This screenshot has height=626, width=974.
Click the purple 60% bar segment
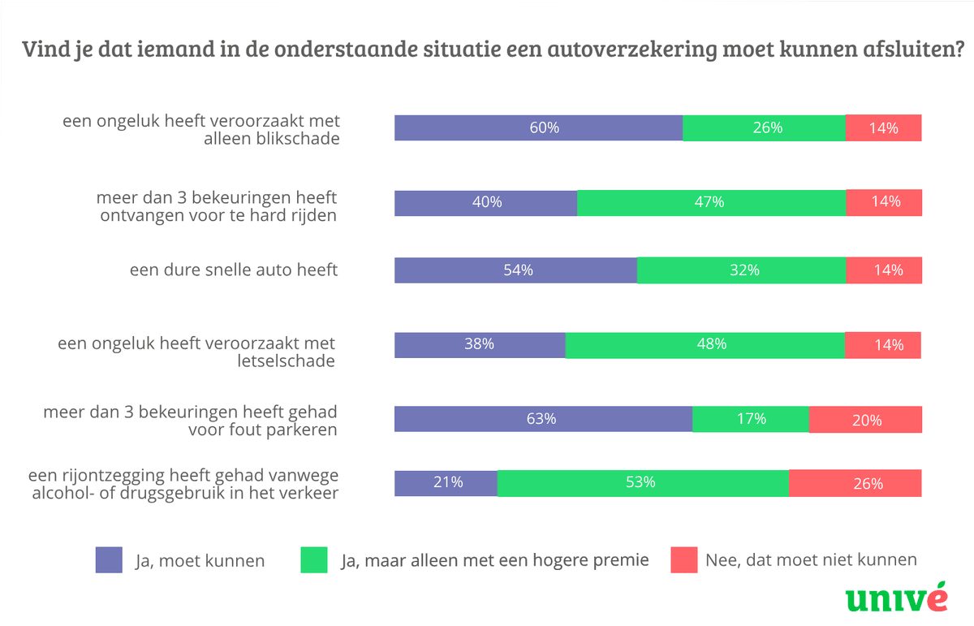pos(538,128)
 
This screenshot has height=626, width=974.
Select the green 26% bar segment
pos(764,128)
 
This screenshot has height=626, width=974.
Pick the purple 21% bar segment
pos(446,483)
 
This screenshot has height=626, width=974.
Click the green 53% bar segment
pos(642,483)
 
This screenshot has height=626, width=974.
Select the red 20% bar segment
pos(865,420)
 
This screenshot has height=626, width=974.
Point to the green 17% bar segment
pos(751,420)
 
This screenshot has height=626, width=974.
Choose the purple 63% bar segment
pos(543,420)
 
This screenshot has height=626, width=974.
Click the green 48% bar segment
pos(705,345)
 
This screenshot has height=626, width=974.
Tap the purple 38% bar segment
pos(480,345)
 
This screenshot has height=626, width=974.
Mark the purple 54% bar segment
pos(515,270)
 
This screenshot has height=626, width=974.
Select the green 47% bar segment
pos(711,203)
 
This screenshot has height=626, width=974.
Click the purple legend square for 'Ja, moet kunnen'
pos(109,560)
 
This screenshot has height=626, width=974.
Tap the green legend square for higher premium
pos(313,560)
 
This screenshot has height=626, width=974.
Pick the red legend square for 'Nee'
pos(684,560)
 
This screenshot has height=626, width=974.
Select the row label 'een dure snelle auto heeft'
pos(234,270)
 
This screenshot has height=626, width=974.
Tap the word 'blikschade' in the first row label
pos(295,138)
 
